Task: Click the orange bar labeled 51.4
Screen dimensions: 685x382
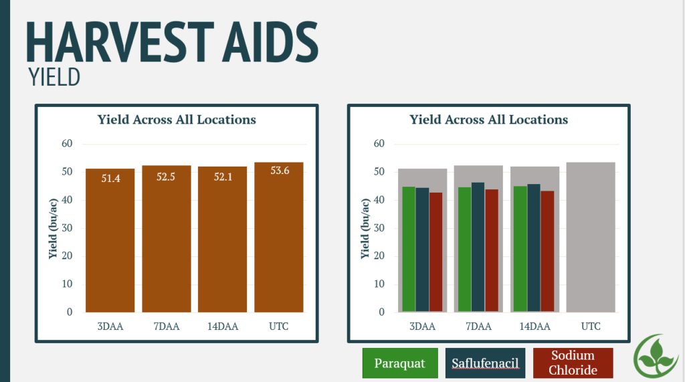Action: coord(110,240)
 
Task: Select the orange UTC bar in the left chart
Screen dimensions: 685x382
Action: coord(279,237)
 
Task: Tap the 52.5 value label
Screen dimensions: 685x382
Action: coord(166,177)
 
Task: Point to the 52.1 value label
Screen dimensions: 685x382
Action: coord(223,177)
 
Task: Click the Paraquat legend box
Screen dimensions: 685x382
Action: coord(400,363)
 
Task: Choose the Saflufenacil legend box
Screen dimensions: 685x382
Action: coord(485,363)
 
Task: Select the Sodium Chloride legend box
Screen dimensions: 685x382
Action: coord(573,363)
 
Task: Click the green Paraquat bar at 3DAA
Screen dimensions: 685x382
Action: coord(409,249)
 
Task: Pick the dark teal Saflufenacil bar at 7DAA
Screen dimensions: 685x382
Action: coord(478,247)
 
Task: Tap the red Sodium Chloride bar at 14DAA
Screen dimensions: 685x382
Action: coord(547,251)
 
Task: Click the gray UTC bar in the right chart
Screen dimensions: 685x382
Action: coord(591,237)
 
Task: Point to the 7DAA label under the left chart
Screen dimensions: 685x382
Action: coord(167,326)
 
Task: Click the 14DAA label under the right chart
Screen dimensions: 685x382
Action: coord(534,326)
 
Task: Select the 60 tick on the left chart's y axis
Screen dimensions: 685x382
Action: coord(67,143)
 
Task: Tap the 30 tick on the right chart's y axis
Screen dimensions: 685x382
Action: coord(379,227)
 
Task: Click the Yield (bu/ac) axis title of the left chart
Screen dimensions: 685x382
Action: coord(53,229)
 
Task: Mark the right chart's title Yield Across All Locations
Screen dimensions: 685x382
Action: coord(489,120)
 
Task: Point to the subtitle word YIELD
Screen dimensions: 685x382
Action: coord(54,77)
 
